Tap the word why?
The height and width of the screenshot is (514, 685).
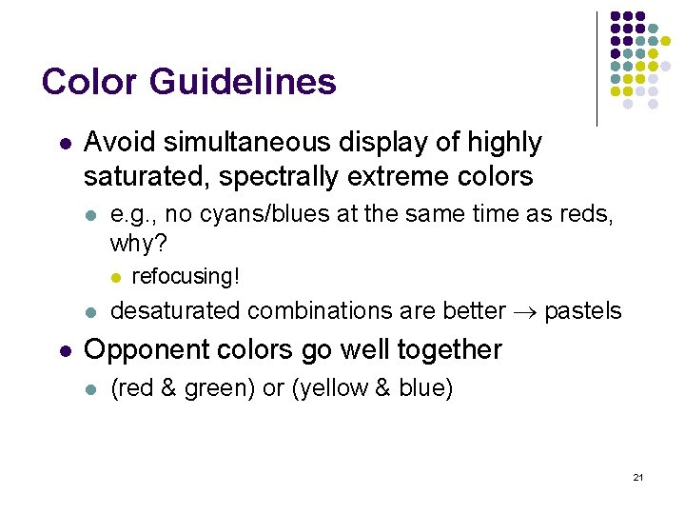click(139, 244)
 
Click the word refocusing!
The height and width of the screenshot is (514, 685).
click(186, 277)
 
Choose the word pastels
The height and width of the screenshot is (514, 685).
click(582, 311)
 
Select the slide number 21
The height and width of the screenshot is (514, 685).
click(637, 476)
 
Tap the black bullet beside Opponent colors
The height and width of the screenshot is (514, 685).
click(64, 350)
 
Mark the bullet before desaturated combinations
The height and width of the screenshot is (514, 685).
click(90, 312)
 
